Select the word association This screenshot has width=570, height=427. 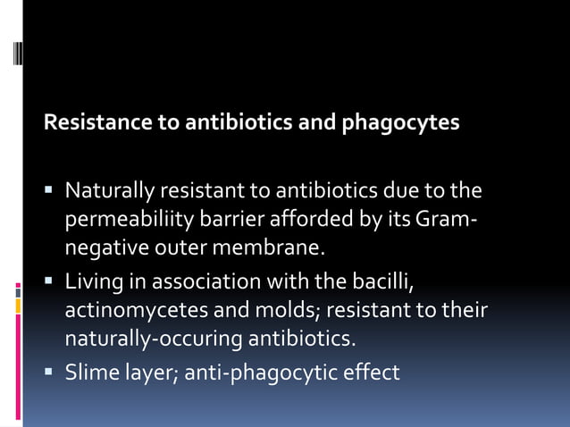(x=210, y=284)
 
